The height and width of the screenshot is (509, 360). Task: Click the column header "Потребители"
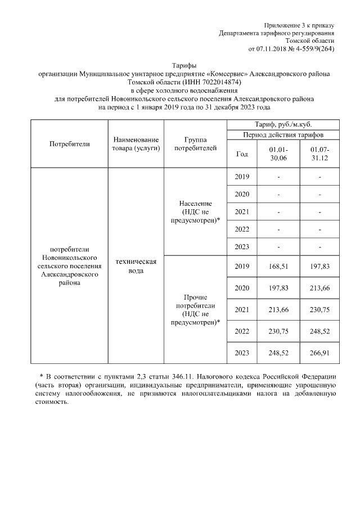click(70, 143)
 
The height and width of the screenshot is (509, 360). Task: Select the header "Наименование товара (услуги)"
click(136, 143)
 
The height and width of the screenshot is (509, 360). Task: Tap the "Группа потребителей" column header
click(195, 143)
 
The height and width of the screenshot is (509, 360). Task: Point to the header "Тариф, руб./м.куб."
click(282, 124)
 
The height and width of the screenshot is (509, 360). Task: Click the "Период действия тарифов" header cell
click(282, 135)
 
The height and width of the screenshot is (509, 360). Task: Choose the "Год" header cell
click(242, 154)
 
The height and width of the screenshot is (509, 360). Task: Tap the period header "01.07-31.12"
click(319, 154)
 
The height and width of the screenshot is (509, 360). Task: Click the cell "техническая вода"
click(136, 266)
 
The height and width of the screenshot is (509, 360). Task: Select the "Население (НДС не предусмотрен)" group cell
click(195, 211)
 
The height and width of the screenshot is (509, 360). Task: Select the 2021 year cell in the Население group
click(242, 211)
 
